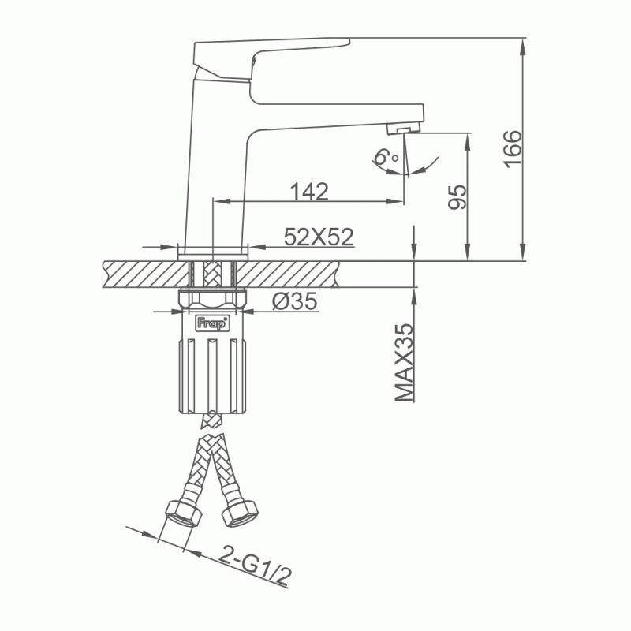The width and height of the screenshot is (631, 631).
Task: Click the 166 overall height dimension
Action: [x=512, y=148]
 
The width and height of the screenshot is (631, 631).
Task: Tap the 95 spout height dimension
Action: [x=457, y=197]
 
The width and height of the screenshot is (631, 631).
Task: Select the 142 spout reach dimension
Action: [x=309, y=192]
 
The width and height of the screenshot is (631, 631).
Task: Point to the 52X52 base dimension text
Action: [x=319, y=237]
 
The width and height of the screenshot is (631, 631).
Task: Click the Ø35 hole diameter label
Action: [x=294, y=301]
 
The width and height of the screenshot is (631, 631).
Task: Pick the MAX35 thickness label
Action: [x=404, y=362]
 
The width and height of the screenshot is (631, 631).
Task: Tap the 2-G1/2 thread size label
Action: [x=255, y=566]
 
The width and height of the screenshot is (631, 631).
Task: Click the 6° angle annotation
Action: [x=386, y=157]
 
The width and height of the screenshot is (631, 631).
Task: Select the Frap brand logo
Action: [x=212, y=323]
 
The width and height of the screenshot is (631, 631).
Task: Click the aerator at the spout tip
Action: [x=403, y=129]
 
